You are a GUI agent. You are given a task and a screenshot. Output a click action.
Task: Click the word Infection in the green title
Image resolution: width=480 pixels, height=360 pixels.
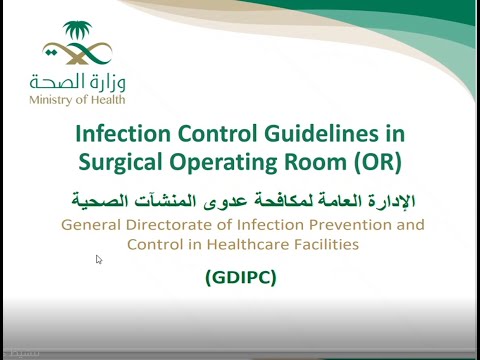tap(124, 133)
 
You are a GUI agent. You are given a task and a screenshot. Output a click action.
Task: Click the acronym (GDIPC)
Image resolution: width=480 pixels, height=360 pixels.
tap(241, 276)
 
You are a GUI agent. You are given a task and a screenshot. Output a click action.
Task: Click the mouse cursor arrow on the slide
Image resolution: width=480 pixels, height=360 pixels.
tap(99, 260)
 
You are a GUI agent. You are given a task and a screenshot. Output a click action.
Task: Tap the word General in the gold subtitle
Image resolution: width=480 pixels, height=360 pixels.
tap(93, 224)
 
